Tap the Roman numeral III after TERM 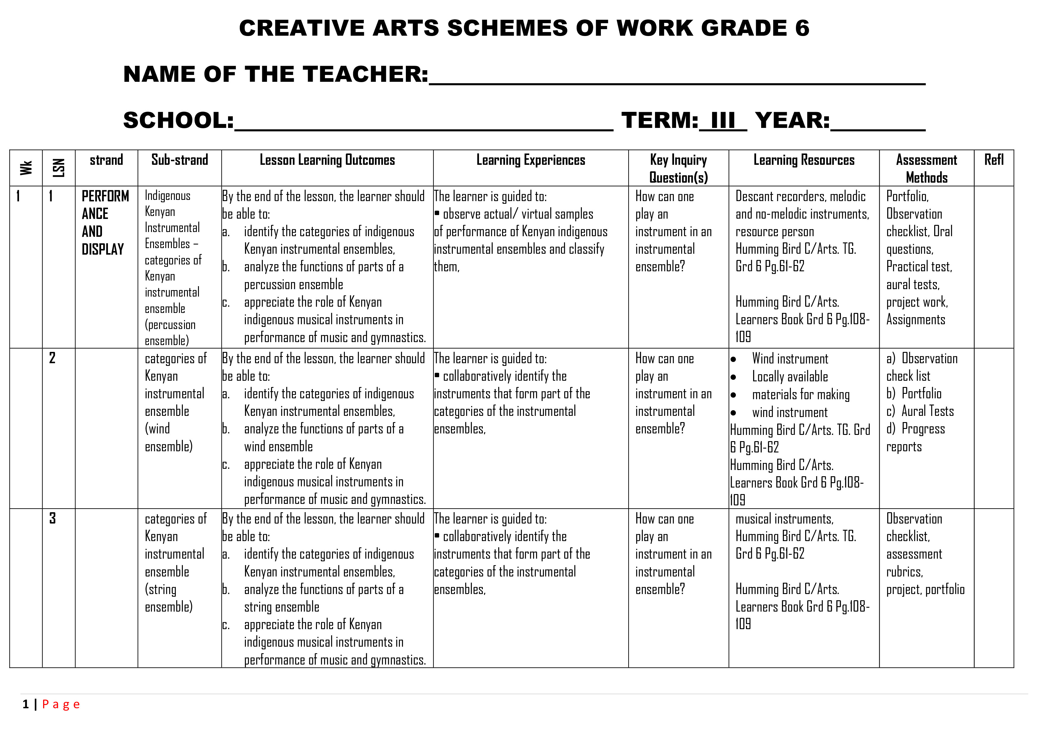(723, 120)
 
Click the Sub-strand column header (180, 160)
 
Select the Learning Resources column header (804, 160)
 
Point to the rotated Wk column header (26, 168)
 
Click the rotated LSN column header (59, 168)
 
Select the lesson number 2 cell (52, 358)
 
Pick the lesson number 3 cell (52, 518)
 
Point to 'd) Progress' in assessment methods (915, 429)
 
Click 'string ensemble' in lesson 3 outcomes (281, 607)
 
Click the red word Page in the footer (61, 704)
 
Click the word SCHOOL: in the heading (178, 120)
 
